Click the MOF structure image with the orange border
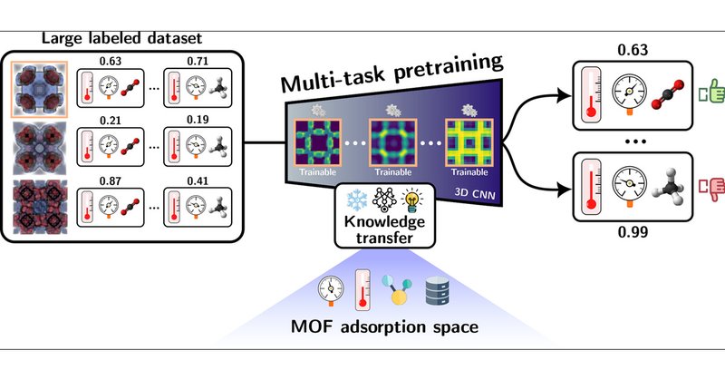38,88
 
